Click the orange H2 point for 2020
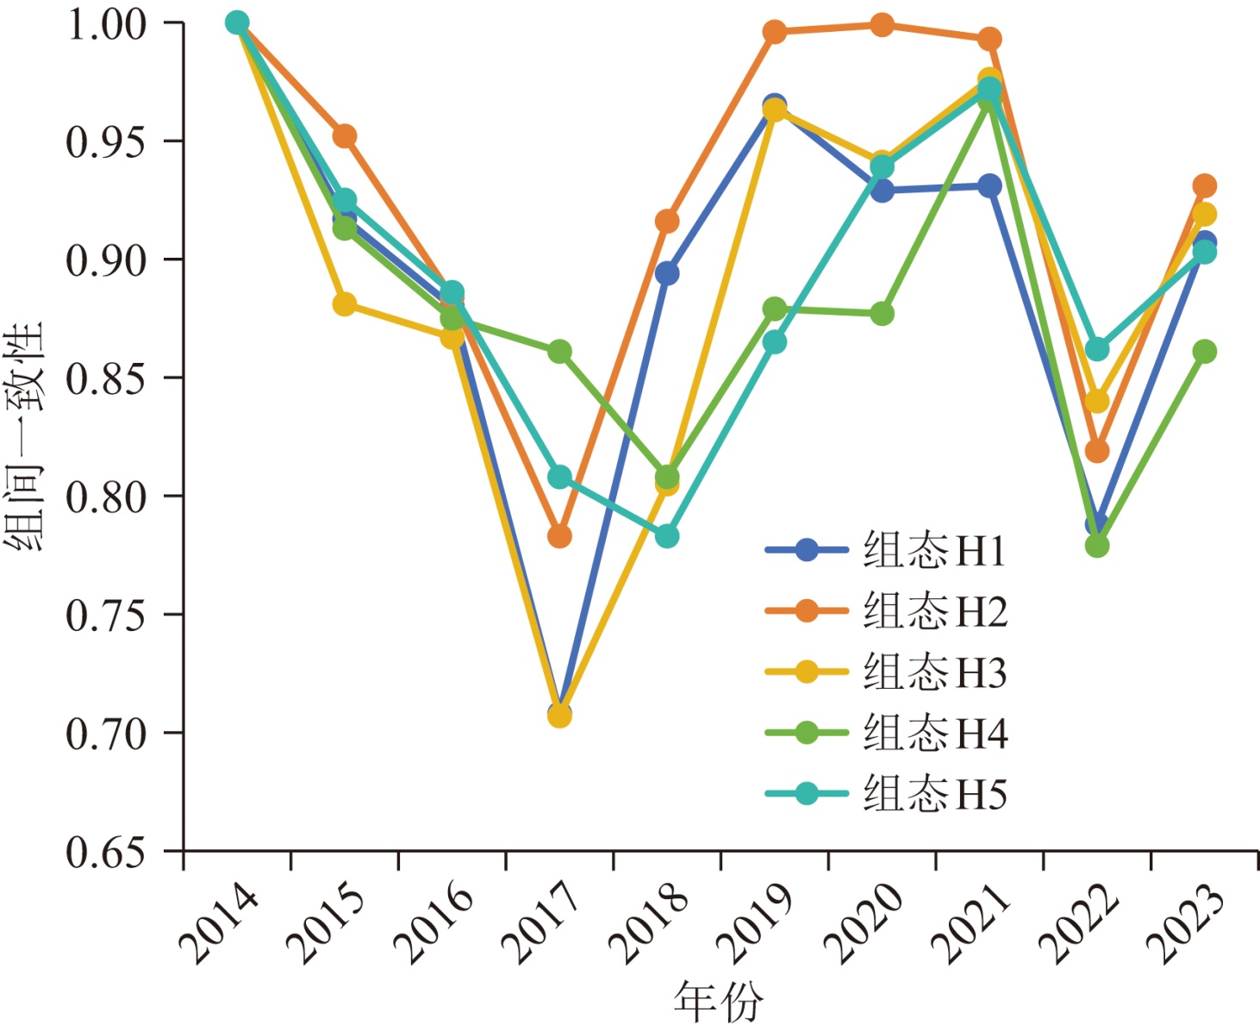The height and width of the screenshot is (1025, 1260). coord(882,25)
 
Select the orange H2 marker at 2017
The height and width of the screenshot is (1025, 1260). coord(559,536)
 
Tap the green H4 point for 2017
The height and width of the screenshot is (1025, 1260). coord(559,352)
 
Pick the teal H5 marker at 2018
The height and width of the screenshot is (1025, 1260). coord(667,536)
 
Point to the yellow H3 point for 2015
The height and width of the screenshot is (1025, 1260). coord(345,304)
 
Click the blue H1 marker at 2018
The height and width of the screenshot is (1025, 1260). coord(667,274)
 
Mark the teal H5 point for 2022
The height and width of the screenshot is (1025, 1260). coord(1097,349)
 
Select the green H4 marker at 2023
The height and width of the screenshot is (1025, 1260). coord(1205,352)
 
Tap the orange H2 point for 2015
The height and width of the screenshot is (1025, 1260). coord(345,136)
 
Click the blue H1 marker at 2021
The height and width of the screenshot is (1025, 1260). coord(989,186)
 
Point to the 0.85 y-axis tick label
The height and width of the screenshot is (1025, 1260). coord(106,378)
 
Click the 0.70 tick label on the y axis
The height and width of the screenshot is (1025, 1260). coord(106,734)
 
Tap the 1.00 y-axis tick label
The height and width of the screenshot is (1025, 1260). coord(106,24)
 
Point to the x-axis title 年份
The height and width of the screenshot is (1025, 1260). coord(718,1001)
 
